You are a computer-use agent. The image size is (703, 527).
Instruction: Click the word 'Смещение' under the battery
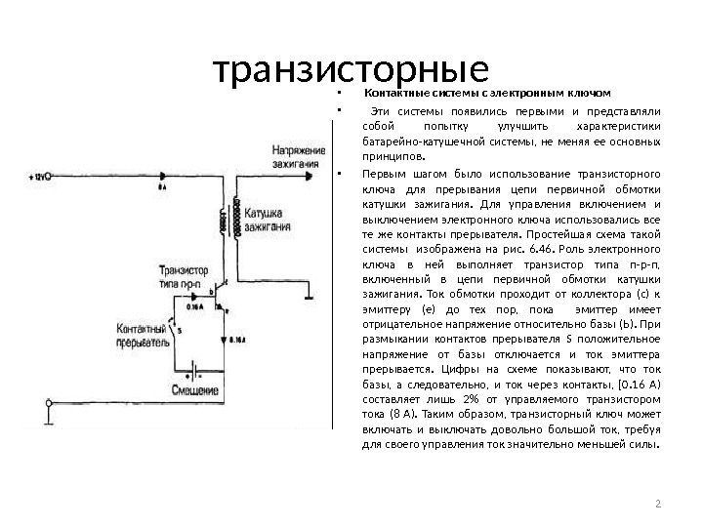coord(195,390)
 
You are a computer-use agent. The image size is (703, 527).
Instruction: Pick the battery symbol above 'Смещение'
coord(195,372)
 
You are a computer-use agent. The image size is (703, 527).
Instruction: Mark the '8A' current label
coord(161,185)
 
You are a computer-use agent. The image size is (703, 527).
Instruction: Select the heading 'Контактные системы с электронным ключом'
coord(486,95)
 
